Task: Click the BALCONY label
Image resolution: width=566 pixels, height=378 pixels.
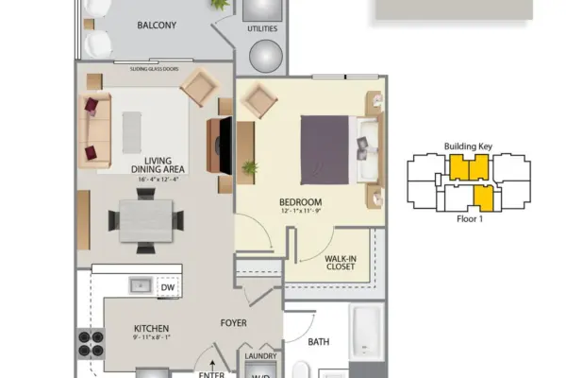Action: tap(156, 25)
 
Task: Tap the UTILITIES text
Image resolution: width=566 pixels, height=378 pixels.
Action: tap(262, 29)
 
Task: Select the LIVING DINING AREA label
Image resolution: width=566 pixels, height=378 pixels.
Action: tap(157, 164)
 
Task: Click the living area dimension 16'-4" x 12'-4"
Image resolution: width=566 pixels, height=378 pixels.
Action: tap(157, 178)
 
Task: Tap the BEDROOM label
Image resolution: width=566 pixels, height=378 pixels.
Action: tap(301, 201)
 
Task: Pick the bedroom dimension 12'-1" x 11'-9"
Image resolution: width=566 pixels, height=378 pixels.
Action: tap(301, 212)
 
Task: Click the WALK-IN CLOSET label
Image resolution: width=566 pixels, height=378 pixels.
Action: tap(340, 262)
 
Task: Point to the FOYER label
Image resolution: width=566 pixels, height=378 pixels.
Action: tap(234, 322)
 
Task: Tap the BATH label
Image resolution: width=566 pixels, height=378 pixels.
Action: tap(318, 342)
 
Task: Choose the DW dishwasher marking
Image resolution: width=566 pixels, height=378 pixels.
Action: tap(167, 287)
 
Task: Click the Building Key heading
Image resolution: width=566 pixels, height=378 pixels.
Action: tap(469, 146)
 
